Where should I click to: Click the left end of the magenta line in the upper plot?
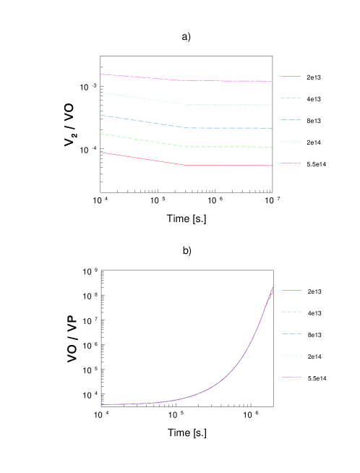pyautogui.click(x=100, y=74)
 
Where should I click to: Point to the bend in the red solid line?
pyautogui.click(x=185, y=165)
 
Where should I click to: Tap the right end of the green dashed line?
pyautogui.click(x=272, y=147)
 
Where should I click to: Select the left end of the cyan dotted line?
pyautogui.click(x=100, y=93)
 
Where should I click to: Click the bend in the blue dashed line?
pyautogui.click(x=185, y=127)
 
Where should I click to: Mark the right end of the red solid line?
pyautogui.click(x=272, y=166)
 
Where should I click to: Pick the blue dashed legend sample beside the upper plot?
pyautogui.click(x=291, y=119)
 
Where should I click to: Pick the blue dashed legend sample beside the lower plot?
pyautogui.click(x=291, y=333)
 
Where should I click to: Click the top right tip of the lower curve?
pyautogui.click(x=273, y=286)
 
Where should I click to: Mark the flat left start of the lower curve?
pyautogui.click(x=102, y=404)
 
